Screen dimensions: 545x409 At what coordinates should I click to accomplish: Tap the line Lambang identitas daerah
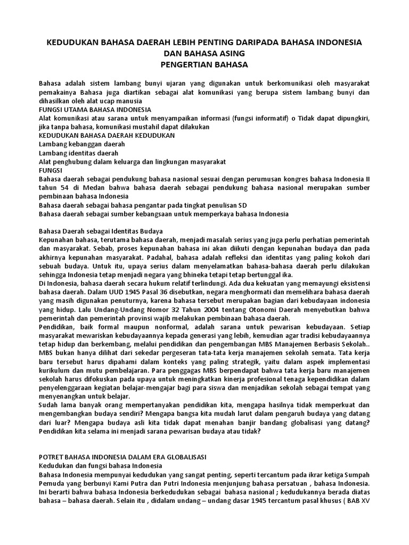(x=79, y=153)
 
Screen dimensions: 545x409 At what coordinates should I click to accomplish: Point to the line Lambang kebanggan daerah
(x=81, y=144)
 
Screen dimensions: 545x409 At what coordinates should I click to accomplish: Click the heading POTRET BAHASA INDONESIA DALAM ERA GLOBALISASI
(x=123, y=457)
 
